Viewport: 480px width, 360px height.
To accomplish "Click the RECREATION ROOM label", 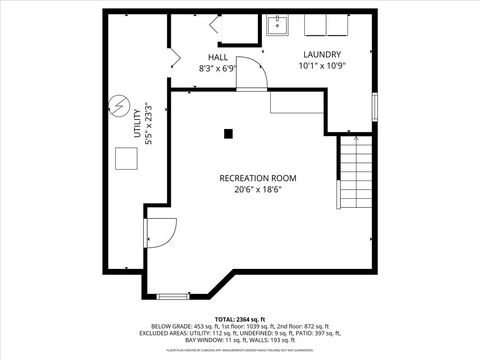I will (x=257, y=178).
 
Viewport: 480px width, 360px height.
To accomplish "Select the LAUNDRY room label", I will (x=322, y=54).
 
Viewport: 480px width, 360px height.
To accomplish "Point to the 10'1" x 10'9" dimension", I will (x=322, y=66).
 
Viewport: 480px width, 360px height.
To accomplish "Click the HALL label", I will (x=217, y=57).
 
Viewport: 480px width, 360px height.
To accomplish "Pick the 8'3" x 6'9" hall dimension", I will (x=217, y=69).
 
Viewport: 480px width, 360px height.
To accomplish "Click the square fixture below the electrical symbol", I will (x=125, y=159).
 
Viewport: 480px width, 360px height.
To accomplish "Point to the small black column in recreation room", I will (x=228, y=132).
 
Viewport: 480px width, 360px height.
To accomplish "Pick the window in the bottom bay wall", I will (x=173, y=295).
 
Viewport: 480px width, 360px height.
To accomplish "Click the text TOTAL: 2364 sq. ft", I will (x=240, y=318).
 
